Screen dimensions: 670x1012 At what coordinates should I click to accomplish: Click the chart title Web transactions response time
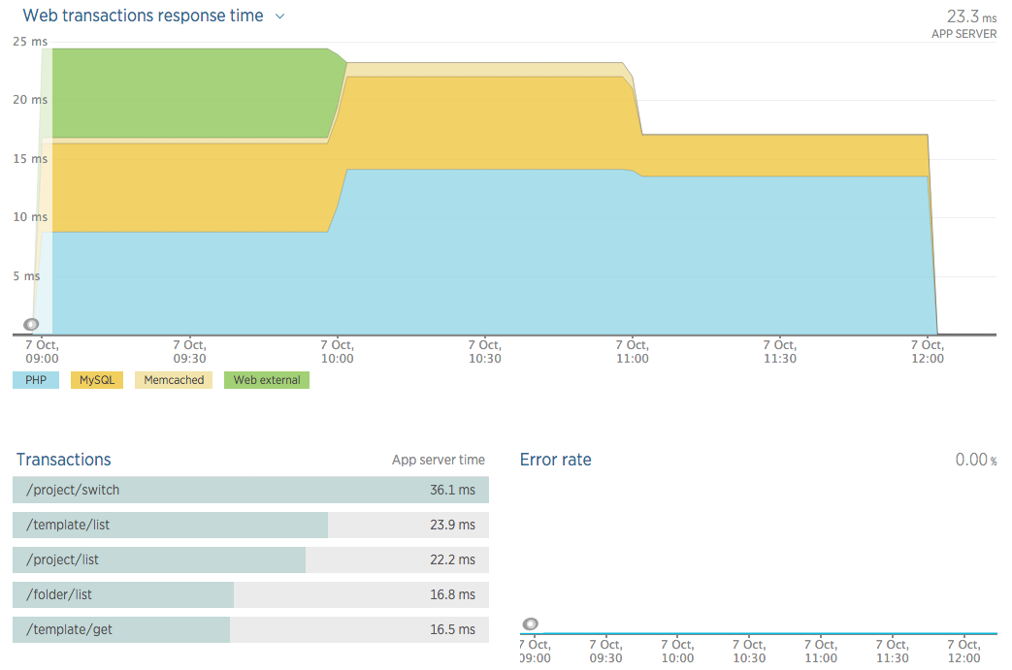coord(142,16)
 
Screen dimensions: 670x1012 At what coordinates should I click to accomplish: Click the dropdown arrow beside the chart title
coord(280,16)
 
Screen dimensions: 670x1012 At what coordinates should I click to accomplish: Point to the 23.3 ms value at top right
coord(969,16)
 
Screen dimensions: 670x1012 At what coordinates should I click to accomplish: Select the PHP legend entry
coord(36,380)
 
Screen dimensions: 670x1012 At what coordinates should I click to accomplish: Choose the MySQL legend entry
coord(97,380)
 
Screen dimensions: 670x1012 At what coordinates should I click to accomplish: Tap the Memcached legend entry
coord(174,380)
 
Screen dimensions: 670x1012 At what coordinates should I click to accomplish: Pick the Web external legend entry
coord(266,380)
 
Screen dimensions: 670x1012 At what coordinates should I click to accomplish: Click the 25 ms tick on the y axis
coord(30,41)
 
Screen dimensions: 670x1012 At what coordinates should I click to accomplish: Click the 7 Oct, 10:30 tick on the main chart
coord(485,351)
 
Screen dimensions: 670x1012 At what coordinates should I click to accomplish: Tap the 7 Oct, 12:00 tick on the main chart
coord(928,351)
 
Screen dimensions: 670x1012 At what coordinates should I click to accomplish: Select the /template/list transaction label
coord(68,525)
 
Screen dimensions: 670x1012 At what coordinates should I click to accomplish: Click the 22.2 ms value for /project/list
coord(452,559)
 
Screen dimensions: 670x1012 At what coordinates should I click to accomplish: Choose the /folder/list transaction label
coord(59,594)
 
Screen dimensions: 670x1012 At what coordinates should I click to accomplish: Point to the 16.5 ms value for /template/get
coord(452,629)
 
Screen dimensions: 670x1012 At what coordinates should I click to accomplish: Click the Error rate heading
coord(555,460)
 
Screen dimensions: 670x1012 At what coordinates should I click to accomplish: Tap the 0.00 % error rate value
coord(975,460)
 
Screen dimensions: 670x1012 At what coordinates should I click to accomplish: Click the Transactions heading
coord(63,460)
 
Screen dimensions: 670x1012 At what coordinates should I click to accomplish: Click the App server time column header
coord(438,461)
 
